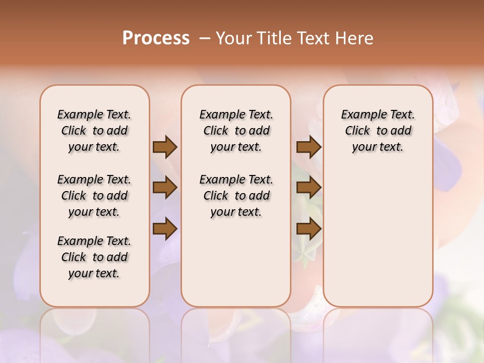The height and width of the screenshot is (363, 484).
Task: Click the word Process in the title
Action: (x=156, y=38)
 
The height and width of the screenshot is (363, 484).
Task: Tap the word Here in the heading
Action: (x=355, y=38)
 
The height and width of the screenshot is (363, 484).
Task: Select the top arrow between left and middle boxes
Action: (x=165, y=147)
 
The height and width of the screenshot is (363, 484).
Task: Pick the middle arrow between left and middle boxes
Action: (x=165, y=188)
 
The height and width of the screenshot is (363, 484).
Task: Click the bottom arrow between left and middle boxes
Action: (x=165, y=229)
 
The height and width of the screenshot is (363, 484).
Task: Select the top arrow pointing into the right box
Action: (x=309, y=147)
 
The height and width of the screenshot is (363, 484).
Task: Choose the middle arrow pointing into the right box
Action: (x=309, y=188)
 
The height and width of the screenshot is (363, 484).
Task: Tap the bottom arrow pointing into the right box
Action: (x=309, y=229)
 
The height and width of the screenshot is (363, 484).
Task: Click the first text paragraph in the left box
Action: (x=94, y=131)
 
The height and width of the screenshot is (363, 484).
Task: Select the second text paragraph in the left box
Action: (x=94, y=196)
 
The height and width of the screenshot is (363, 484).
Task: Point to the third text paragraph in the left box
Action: (x=94, y=257)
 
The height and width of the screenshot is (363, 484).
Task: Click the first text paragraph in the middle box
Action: (x=236, y=131)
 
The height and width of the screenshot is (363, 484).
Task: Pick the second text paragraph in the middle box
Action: (x=236, y=196)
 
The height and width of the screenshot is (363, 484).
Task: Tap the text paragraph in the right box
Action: (x=378, y=131)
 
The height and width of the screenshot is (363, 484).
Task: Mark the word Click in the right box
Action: (x=357, y=131)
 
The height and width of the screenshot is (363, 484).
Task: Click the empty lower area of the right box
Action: (x=378, y=237)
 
